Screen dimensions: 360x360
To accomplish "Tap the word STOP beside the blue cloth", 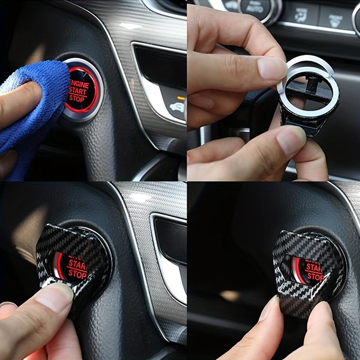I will coord(77,98).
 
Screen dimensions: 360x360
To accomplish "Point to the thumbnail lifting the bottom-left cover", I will coord(54,295).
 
